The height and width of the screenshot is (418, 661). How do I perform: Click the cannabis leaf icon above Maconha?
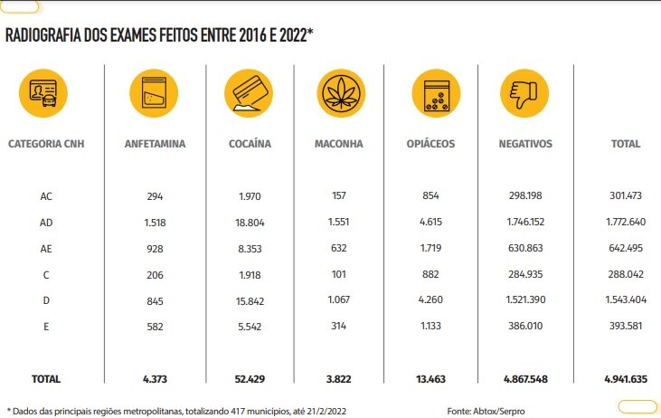click(x=341, y=92)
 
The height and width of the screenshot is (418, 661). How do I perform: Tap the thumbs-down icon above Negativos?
click(x=524, y=92)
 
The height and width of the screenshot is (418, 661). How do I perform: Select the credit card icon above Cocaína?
click(x=250, y=92)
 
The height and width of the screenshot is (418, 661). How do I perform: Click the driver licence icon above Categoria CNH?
click(x=44, y=92)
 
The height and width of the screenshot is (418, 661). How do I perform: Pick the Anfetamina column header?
click(x=155, y=144)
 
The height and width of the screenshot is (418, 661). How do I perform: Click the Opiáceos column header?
click(x=430, y=144)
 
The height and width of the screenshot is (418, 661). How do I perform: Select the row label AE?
click(x=46, y=248)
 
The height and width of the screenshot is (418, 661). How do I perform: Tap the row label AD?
click(x=46, y=222)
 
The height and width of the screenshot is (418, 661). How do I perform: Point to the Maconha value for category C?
click(x=340, y=274)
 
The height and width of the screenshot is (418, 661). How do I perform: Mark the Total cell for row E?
click(x=625, y=326)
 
